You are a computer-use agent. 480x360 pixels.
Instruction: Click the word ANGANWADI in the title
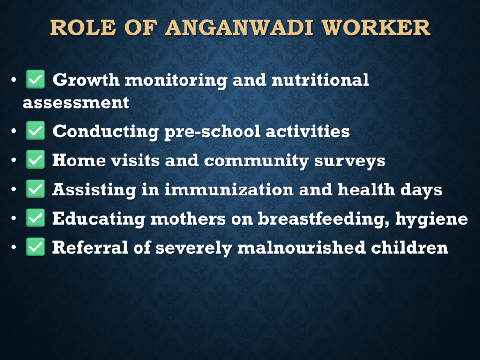pyautogui.click(x=240, y=28)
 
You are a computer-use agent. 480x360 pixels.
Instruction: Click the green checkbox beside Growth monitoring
pyautogui.click(x=35, y=79)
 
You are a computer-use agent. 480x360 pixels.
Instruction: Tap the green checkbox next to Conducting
pyautogui.click(x=35, y=131)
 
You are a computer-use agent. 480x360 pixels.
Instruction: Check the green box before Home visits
pyautogui.click(x=35, y=160)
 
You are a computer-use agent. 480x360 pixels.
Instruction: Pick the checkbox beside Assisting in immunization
pyautogui.click(x=35, y=189)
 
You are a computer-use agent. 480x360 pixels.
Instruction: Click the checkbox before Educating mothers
pyautogui.click(x=35, y=218)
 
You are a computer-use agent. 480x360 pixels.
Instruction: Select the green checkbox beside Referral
pyautogui.click(x=35, y=247)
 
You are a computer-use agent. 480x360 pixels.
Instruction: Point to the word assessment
pyautogui.click(x=76, y=103)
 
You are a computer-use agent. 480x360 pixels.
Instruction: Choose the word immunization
pyautogui.click(x=229, y=189)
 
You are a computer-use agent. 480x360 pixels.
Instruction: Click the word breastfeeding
pyautogui.click(x=323, y=219)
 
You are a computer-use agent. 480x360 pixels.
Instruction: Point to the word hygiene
pyautogui.click(x=432, y=219)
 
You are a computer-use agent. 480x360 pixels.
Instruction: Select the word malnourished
pyautogui.click(x=301, y=247)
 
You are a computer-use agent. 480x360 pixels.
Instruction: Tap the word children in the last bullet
pyautogui.click(x=410, y=247)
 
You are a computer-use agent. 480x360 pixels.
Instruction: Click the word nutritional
pyautogui.click(x=321, y=80)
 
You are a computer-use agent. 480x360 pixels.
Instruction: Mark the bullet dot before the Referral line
pyautogui.click(x=14, y=247)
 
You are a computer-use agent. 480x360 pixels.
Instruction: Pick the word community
pyautogui.click(x=256, y=161)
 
